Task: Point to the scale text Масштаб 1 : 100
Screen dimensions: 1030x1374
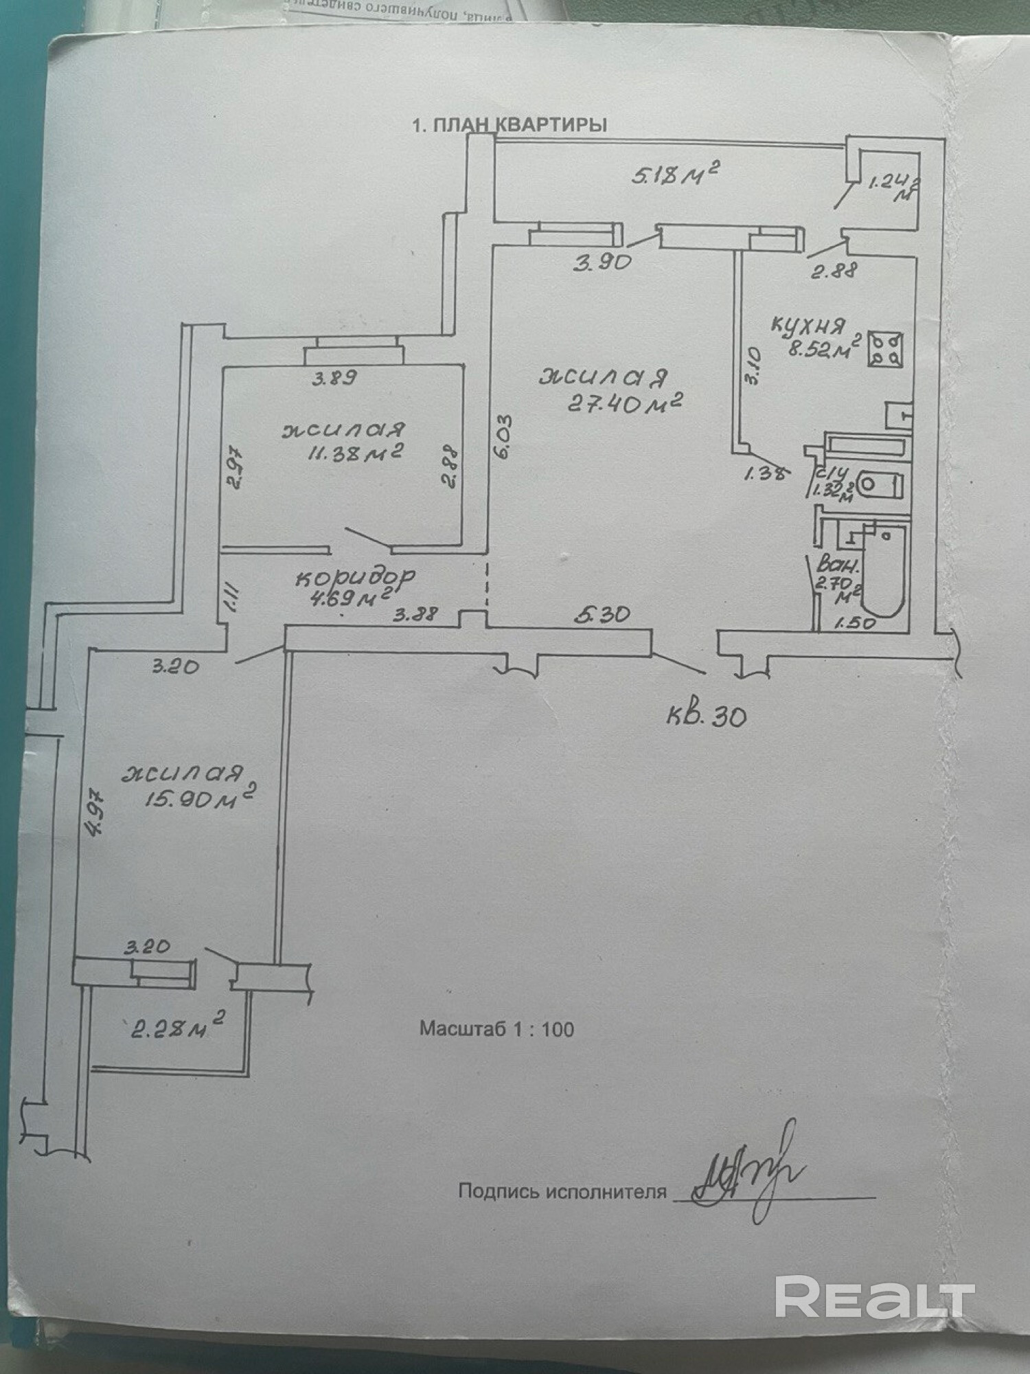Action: click(496, 1029)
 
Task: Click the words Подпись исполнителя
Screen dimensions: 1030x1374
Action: click(562, 1191)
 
